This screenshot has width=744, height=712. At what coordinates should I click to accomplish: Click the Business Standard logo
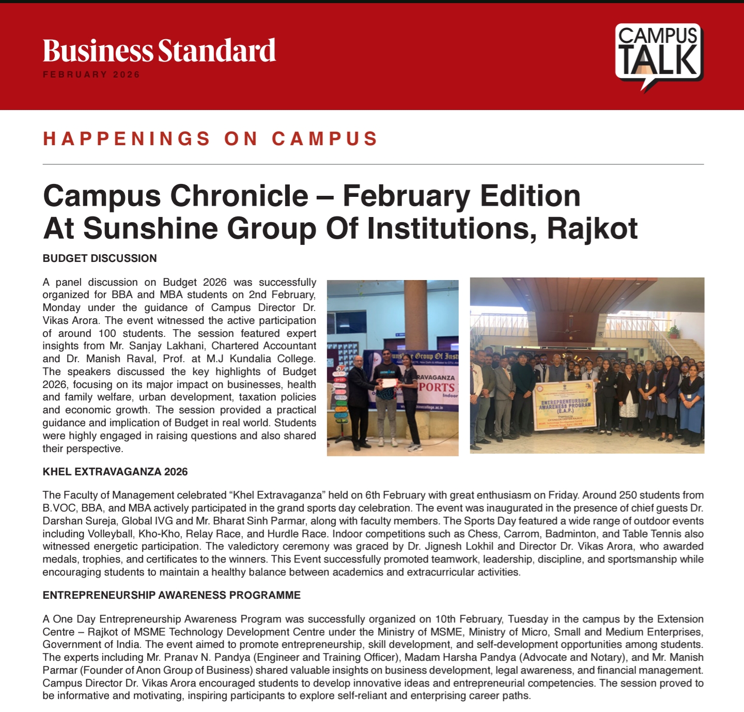point(159,51)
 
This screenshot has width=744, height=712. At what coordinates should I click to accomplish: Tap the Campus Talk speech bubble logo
point(658,55)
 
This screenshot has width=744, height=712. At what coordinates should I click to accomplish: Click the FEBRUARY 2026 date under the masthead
point(91,74)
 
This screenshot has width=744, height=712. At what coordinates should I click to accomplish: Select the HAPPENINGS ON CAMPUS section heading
point(211,138)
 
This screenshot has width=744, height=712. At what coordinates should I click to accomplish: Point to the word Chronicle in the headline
point(239,196)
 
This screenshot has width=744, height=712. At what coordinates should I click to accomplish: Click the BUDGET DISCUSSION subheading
point(100,258)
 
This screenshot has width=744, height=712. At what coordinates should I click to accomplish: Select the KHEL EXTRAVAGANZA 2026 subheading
point(115,472)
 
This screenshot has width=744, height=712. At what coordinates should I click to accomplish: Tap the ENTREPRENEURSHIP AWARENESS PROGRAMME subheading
point(172,595)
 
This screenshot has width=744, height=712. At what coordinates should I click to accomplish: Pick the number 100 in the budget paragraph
point(107,333)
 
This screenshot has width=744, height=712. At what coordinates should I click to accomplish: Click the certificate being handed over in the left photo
point(389,383)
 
